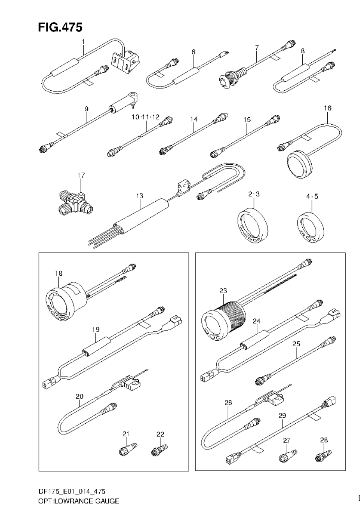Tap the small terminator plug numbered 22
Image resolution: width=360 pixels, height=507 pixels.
159,450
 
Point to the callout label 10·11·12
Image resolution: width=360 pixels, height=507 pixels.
145,117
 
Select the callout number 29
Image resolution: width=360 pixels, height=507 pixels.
282,415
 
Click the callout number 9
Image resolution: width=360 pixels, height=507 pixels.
86,109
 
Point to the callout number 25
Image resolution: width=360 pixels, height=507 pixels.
296,344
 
